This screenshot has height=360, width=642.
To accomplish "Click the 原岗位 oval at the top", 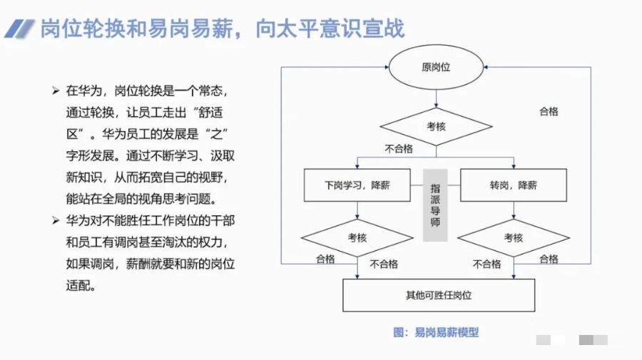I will [x=436, y=68].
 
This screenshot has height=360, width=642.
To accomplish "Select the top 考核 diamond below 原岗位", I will [x=436, y=126].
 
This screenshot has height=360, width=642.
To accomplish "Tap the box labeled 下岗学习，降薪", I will [x=357, y=185].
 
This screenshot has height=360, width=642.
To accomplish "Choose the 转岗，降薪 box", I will [x=513, y=185].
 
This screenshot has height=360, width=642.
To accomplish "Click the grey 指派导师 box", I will [x=435, y=205].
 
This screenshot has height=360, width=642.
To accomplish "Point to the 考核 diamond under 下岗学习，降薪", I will [x=357, y=237].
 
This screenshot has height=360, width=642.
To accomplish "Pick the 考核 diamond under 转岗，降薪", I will [x=513, y=237].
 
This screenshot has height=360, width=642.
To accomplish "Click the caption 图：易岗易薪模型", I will [x=436, y=331].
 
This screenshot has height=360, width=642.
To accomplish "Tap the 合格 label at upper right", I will [x=549, y=111].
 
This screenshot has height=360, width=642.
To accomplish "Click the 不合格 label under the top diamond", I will [x=399, y=149].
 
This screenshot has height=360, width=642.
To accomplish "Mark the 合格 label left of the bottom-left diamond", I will [x=325, y=259].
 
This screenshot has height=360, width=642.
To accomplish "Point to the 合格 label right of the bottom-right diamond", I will [x=549, y=259].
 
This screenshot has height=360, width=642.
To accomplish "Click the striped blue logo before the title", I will [x=19, y=29].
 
